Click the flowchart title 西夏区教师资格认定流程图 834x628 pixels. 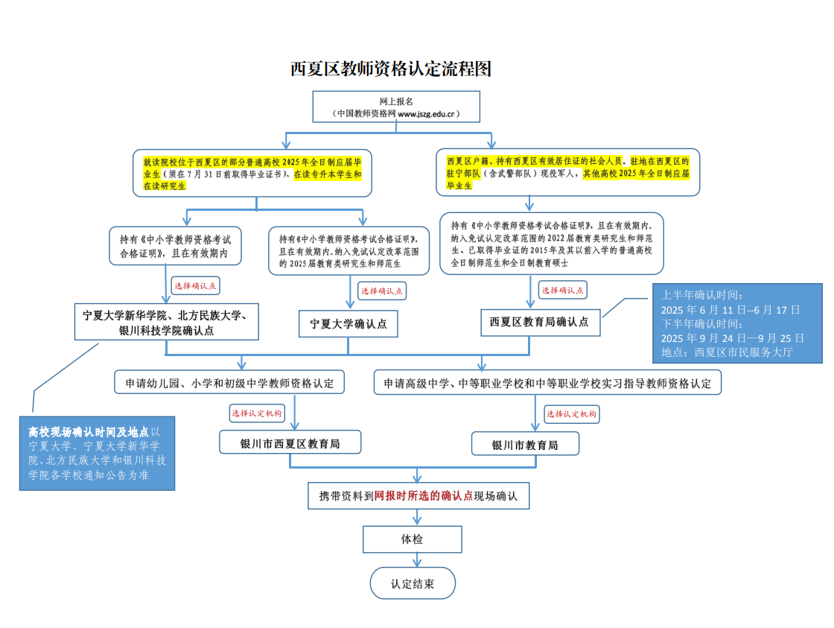(390, 69)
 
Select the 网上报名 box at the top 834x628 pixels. (396, 107)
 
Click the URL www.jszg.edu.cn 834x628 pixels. (426, 114)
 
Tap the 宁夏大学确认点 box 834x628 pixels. (348, 324)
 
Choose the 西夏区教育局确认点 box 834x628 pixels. (541, 323)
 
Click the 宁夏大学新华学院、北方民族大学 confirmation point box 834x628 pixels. (167, 322)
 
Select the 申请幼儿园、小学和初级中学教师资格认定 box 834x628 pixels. (229, 383)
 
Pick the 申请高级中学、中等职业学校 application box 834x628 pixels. (547, 383)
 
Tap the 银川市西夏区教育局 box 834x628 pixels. (290, 443)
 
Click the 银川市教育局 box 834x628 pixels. (525, 444)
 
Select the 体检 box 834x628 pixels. (413, 539)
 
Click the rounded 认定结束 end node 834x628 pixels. (413, 583)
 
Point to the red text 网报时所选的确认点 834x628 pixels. (424, 496)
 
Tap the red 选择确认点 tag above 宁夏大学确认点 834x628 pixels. (382, 291)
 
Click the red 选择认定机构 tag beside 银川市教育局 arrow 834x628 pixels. (572, 414)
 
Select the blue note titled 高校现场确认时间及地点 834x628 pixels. (98, 454)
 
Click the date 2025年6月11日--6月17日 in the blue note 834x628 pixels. (730, 310)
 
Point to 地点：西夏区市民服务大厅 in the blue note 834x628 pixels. (727, 352)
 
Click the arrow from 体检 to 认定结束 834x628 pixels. (417, 560)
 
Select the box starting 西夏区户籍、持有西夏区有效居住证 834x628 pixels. (567, 172)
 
